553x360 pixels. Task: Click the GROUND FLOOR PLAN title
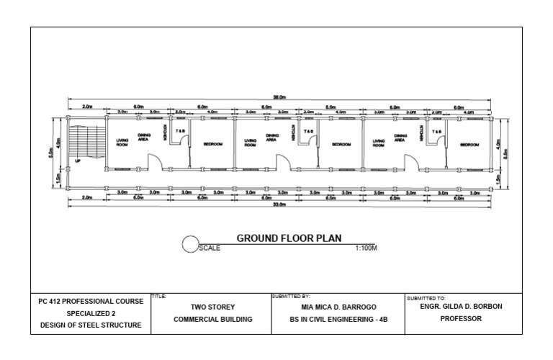click(289, 238)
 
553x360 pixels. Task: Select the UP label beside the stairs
click(78, 161)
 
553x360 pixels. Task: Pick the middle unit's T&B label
click(308, 132)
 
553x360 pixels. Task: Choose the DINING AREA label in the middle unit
click(271, 138)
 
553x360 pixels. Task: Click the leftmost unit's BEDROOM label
click(212, 144)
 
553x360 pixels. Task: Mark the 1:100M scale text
click(366, 248)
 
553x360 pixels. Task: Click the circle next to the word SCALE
click(190, 245)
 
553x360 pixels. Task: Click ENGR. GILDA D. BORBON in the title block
click(461, 305)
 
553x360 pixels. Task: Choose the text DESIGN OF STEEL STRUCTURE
click(91, 325)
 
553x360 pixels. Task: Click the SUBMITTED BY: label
click(291, 296)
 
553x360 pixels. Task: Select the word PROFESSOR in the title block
click(461, 318)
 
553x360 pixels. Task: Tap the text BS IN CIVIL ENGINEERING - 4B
click(338, 318)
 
